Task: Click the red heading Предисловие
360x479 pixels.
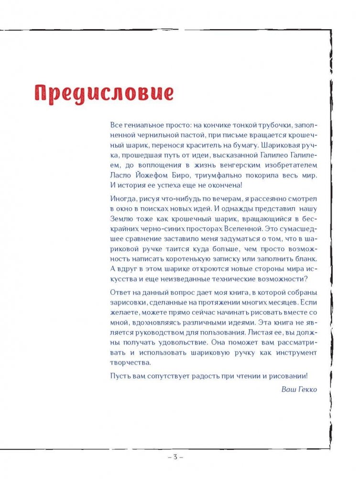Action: pyautogui.click(x=103, y=93)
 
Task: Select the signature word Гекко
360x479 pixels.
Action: pyautogui.click(x=307, y=389)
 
